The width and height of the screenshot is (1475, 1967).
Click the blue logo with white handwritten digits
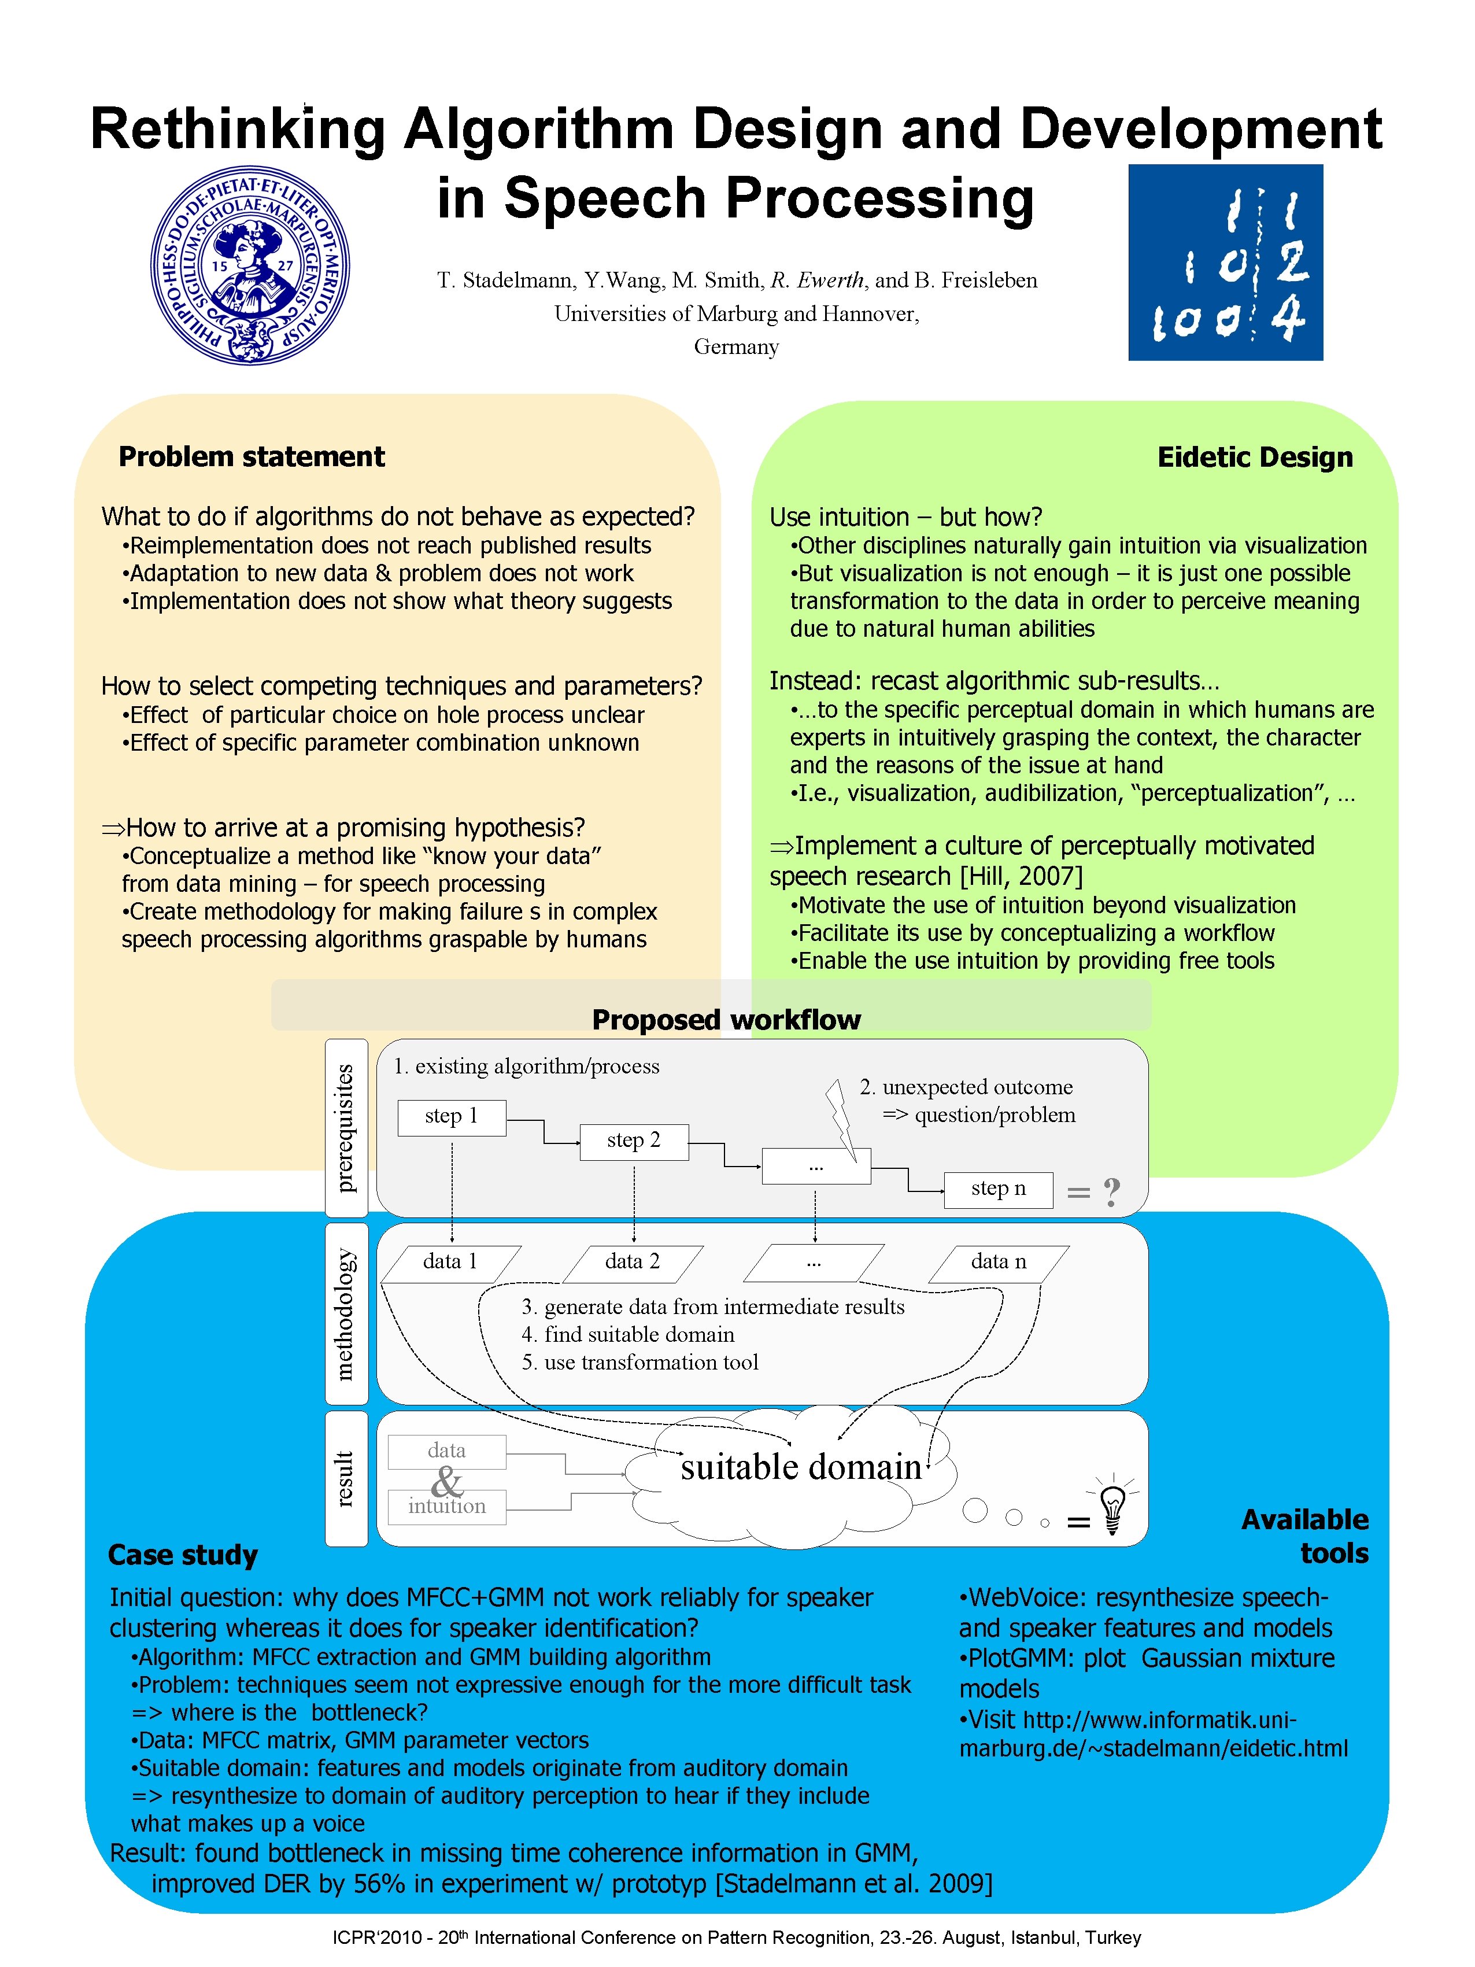pos(1225,263)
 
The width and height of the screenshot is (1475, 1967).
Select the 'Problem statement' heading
pos(252,456)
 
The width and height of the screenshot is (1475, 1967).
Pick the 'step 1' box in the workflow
pos(452,1117)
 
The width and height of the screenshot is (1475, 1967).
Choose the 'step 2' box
pos(633,1141)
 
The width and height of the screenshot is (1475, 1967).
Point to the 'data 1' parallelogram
pos(451,1262)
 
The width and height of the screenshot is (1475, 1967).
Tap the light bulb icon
pos(1113,1504)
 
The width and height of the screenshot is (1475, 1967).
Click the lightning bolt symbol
pos(840,1118)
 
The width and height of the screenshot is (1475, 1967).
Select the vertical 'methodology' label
pos(346,1313)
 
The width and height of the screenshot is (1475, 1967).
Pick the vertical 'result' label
pos(346,1479)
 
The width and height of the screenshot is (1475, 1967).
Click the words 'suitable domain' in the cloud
pos(800,1466)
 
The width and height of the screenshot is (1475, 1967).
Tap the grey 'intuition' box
pos(446,1507)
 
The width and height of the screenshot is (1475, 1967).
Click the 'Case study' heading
pos(183,1555)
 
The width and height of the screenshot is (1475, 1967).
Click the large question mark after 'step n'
pos(1111,1191)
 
